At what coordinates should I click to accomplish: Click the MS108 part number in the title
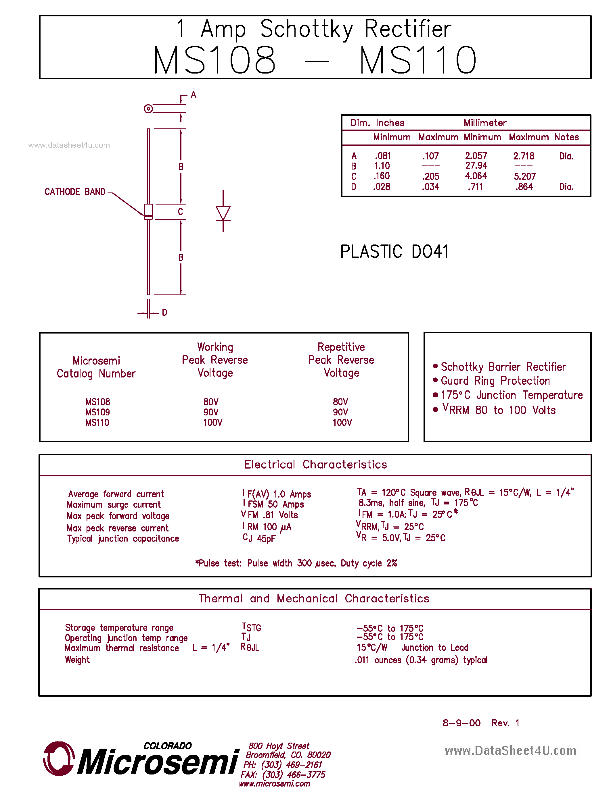[x=214, y=60]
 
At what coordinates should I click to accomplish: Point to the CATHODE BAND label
[x=75, y=192]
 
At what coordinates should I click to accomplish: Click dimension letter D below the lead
[x=165, y=313]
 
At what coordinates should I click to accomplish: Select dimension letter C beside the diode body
[x=180, y=212]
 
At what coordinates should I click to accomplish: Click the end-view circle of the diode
[x=148, y=109]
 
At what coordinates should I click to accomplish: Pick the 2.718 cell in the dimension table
[x=523, y=156]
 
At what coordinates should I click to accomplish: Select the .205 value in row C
[x=430, y=176]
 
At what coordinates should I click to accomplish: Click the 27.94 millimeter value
[x=476, y=166]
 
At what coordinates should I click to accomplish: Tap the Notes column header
[x=566, y=137]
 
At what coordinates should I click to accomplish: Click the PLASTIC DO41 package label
[x=394, y=252]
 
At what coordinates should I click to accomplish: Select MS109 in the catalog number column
[x=97, y=412]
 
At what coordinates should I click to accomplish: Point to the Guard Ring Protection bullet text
[x=495, y=381]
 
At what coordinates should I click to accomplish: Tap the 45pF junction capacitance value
[x=266, y=539]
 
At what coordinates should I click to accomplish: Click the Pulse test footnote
[x=296, y=563]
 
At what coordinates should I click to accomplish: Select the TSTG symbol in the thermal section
[x=251, y=627]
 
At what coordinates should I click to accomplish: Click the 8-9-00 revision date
[x=461, y=723]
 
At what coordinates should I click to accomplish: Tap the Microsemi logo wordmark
[x=158, y=762]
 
